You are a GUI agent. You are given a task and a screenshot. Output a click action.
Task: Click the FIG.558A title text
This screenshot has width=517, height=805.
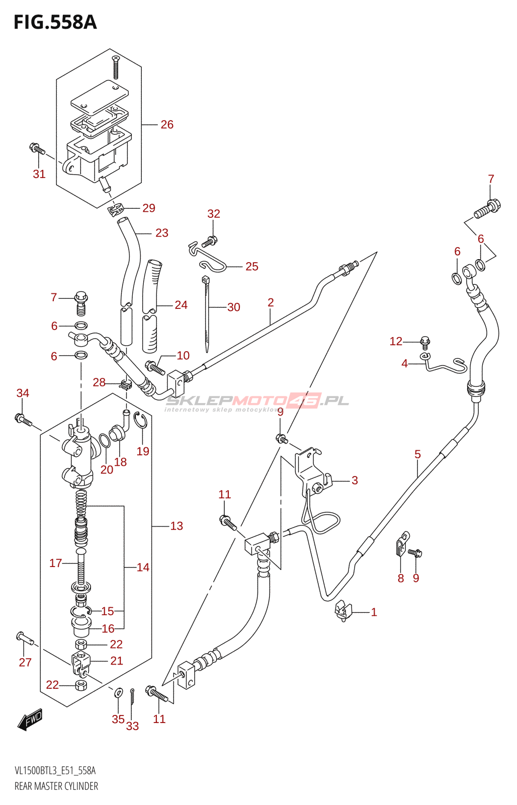click(x=55, y=22)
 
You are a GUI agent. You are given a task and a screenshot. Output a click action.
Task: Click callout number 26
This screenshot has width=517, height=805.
click(x=166, y=125)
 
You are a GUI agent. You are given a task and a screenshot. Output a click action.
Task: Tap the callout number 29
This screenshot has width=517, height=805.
click(x=148, y=208)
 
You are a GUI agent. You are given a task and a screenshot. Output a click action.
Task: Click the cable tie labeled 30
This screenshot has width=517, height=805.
click(x=206, y=314)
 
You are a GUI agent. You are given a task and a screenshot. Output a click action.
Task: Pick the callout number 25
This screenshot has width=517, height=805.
click(x=252, y=266)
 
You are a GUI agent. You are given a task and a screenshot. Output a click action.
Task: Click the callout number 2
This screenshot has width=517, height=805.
click(x=271, y=302)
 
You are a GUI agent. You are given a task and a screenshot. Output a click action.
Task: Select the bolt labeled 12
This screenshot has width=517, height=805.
click(x=425, y=343)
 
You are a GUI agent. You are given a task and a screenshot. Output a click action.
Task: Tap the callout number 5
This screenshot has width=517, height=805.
click(x=417, y=454)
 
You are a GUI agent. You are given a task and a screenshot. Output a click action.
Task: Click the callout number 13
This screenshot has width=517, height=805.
click(x=177, y=526)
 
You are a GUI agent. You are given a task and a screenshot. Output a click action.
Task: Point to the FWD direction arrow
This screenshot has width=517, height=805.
click(x=30, y=719)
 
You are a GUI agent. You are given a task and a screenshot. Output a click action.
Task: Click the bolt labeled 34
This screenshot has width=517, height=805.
click(x=23, y=420)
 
